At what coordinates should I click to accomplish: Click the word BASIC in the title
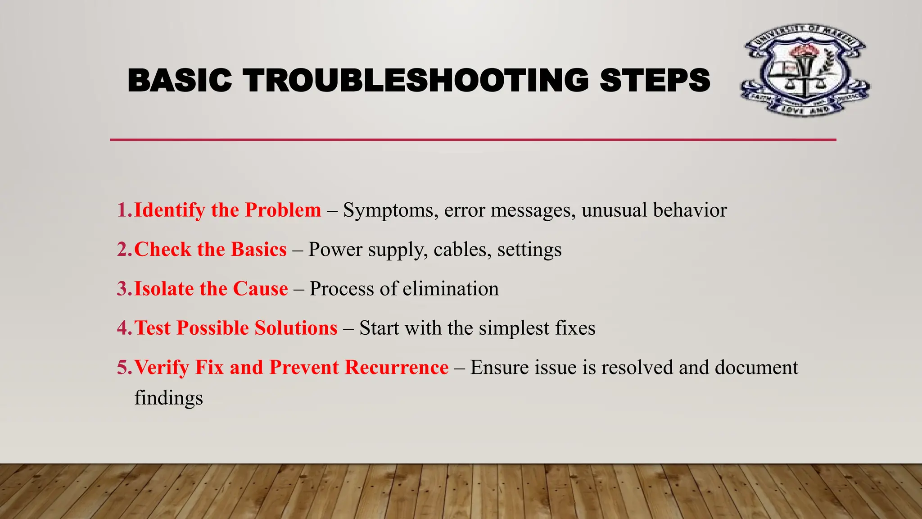(180, 81)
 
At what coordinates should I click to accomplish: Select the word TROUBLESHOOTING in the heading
(416, 81)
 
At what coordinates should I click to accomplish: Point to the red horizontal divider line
(473, 140)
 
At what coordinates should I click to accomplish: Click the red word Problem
(283, 210)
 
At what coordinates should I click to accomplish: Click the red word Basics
(258, 250)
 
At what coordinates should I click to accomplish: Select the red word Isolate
(164, 289)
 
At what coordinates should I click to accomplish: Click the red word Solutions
(296, 328)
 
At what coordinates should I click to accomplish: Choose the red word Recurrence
(397, 368)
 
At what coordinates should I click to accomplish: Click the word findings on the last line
(168, 398)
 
